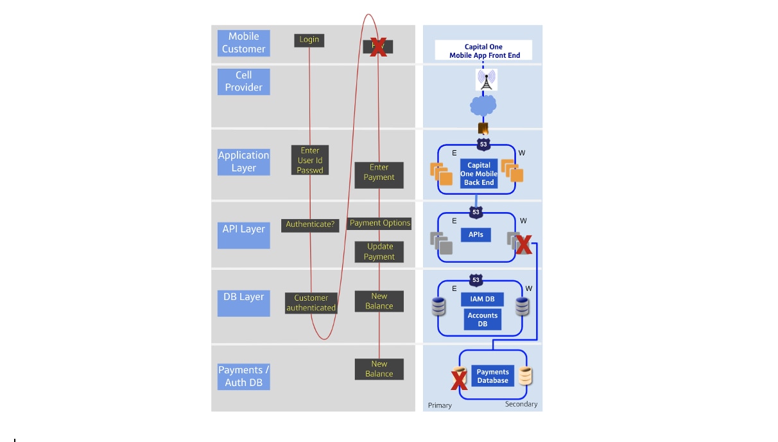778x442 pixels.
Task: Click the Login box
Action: pos(309,40)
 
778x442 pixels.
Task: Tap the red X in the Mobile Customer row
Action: pos(378,47)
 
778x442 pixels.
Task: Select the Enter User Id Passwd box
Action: pos(310,161)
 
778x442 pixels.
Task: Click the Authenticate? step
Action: pos(310,225)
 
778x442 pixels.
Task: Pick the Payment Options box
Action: pos(379,224)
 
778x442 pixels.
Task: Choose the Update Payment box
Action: pos(379,252)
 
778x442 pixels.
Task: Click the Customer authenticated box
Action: pos(311,303)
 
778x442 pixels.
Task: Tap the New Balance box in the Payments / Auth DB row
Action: pos(379,369)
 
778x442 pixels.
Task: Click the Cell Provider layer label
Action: pos(243,82)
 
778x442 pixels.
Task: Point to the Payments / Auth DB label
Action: pos(243,376)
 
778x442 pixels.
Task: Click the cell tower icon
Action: pos(487,80)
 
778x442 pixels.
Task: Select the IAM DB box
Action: pos(482,299)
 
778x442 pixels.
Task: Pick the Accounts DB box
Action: pos(482,319)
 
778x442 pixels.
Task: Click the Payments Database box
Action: pos(492,376)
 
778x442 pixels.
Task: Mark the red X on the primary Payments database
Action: pos(459,380)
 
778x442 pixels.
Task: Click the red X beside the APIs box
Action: pos(523,244)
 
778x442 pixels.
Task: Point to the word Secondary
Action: pos(521,404)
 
